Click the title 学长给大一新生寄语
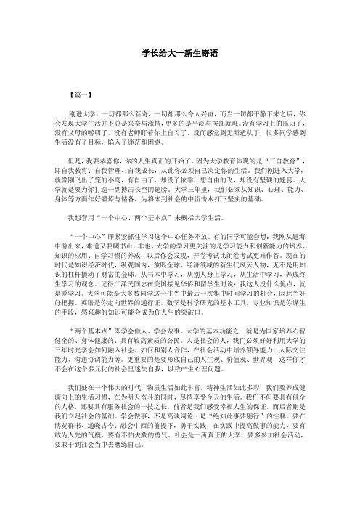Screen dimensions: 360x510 click(180, 54)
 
